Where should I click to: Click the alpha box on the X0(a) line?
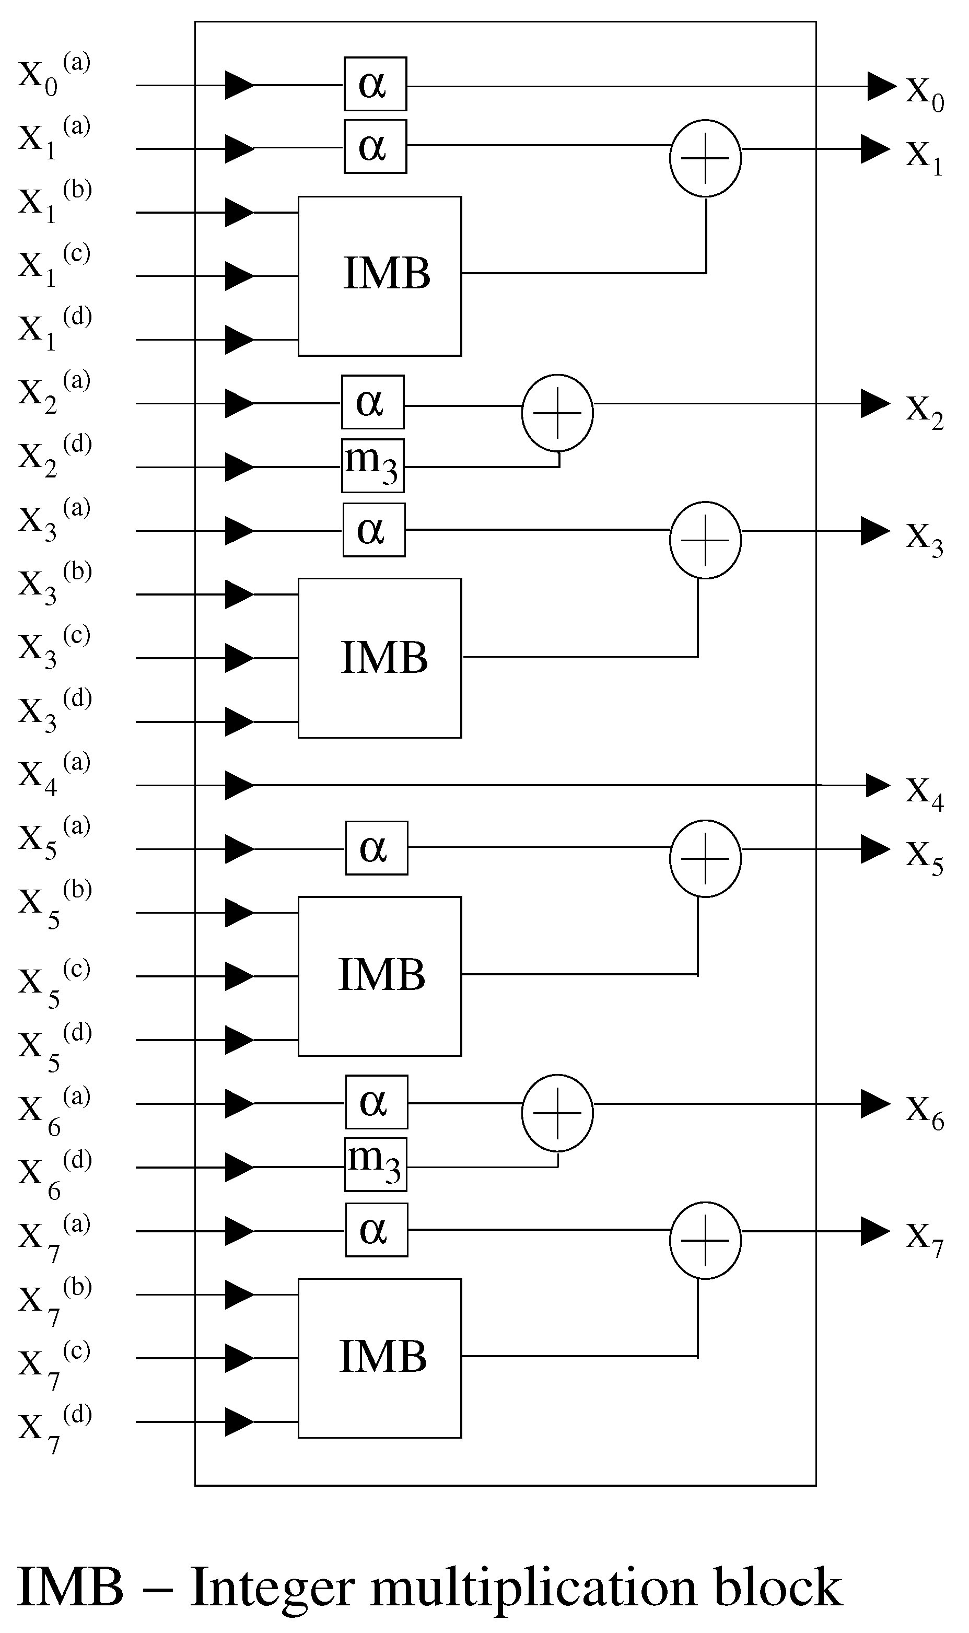[x=375, y=84]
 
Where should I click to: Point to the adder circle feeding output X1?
[x=705, y=158]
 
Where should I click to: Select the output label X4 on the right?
[x=925, y=792]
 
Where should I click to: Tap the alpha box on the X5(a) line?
[x=376, y=847]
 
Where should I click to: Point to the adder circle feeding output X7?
[x=705, y=1240]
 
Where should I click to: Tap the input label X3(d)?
[x=53, y=711]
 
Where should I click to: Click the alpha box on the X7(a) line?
[x=376, y=1230]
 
